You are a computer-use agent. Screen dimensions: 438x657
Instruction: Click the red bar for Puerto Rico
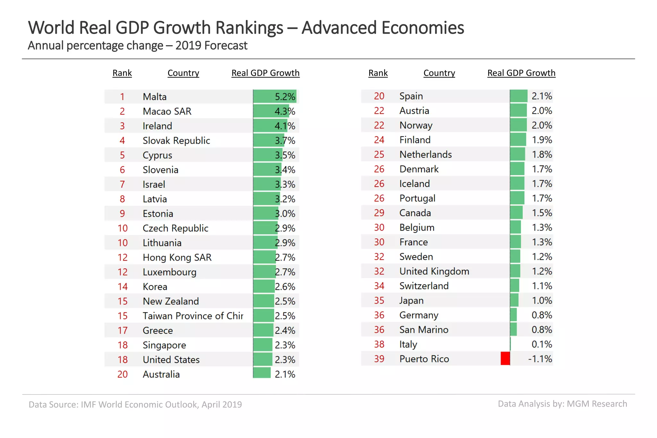point(505,358)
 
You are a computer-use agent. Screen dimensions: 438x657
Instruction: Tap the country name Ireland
point(157,126)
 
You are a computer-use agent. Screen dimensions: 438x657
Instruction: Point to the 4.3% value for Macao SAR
point(285,111)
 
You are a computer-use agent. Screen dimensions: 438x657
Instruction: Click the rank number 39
point(379,358)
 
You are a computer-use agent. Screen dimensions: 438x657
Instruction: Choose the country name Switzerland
point(424,286)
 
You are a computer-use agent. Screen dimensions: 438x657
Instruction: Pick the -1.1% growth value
point(540,358)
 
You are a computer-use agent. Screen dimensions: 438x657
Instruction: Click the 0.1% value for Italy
point(542,344)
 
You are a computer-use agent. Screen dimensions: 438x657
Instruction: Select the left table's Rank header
point(122,73)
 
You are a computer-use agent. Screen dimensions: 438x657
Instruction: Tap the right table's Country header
point(439,73)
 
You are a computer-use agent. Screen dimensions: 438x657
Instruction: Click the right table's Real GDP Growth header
point(521,73)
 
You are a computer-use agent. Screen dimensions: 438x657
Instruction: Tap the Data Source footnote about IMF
point(135,404)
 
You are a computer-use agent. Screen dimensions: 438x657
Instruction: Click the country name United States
point(171,359)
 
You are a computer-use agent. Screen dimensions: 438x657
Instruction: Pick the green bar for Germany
point(513,315)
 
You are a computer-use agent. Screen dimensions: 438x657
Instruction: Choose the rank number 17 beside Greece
point(122,330)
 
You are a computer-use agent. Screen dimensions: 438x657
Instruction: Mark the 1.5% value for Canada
point(542,213)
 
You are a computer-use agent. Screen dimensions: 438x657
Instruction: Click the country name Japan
point(411,300)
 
